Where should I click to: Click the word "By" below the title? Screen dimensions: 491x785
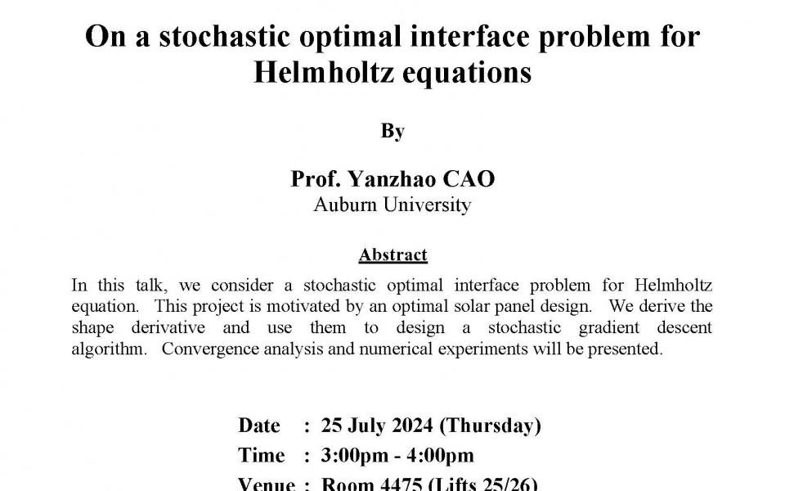pos(392,131)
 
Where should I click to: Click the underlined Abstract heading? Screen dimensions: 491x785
pos(392,255)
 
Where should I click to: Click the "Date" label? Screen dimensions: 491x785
pos(259,426)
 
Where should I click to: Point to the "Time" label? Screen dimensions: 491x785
pos(262,455)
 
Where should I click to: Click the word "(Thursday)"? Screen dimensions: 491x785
pos(491,426)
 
